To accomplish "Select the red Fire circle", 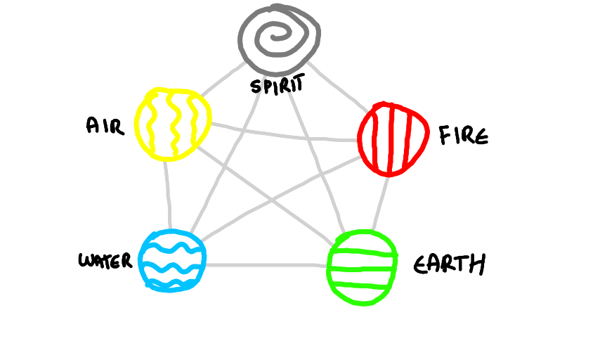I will click(x=393, y=138).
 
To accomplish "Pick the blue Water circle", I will click(x=172, y=260).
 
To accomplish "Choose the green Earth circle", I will click(x=362, y=267).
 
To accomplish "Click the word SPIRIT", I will click(x=277, y=86).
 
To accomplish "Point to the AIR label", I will click(x=105, y=126).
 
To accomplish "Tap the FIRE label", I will click(x=463, y=135).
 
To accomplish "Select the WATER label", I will click(x=105, y=262).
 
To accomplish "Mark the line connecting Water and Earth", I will click(x=267, y=265).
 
